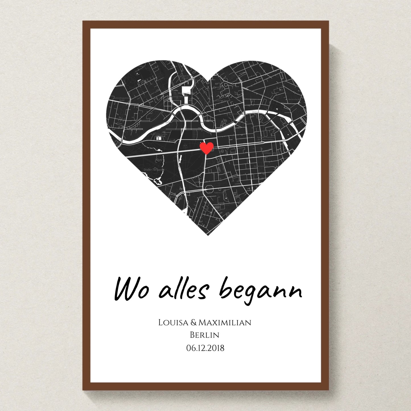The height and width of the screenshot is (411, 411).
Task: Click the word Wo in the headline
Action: click(131, 290)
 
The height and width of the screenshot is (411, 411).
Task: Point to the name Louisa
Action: click(173, 323)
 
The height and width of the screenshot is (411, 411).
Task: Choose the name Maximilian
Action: click(225, 323)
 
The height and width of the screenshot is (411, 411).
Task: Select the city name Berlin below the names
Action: click(205, 335)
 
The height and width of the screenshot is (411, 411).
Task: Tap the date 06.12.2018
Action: click(205, 348)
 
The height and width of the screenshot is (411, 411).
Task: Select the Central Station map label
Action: click(177, 97)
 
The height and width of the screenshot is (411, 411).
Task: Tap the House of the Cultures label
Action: click(159, 134)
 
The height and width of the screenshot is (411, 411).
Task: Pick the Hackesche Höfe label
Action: click(294, 100)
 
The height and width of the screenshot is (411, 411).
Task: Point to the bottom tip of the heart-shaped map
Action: click(208, 235)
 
